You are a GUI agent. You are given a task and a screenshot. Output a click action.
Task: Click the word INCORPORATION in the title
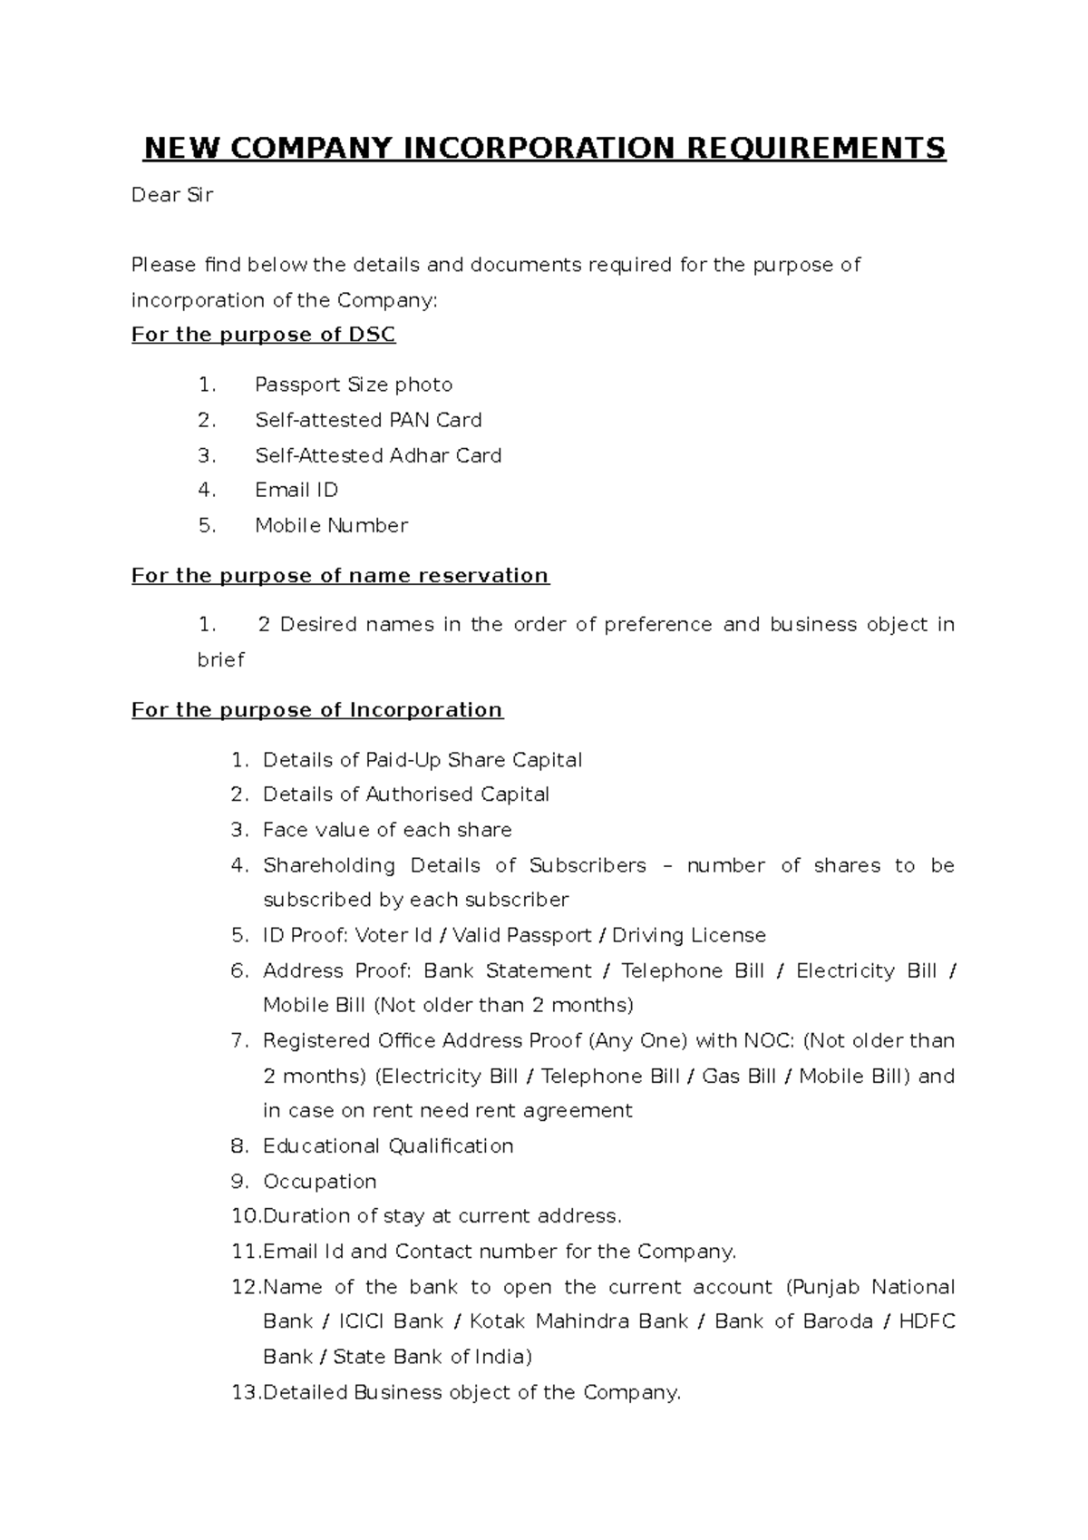coord(539,148)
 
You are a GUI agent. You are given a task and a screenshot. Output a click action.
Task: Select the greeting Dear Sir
coord(172,195)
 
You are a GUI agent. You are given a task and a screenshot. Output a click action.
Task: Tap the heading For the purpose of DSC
coord(264,335)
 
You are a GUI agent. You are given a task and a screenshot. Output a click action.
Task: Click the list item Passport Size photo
coord(354,385)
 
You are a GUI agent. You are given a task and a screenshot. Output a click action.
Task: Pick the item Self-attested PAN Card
coord(368,420)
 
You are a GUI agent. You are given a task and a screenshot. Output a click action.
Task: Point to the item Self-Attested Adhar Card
coord(378,455)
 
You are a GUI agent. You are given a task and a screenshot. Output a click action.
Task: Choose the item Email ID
coord(296,491)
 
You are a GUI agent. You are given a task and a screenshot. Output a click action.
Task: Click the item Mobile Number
coord(331,526)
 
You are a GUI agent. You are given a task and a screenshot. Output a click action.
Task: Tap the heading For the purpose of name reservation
coord(340,576)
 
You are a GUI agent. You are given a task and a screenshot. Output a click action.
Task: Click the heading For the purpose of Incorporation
coord(317,710)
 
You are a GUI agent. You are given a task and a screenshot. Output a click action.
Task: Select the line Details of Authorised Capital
coord(406,794)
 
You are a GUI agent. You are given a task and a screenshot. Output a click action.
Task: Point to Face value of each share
coord(387,830)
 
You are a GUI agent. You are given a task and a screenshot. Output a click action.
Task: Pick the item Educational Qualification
coord(388,1146)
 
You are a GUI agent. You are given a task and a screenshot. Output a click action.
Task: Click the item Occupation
coord(319,1182)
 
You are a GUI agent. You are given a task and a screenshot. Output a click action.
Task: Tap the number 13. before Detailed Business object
coord(245,1392)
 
